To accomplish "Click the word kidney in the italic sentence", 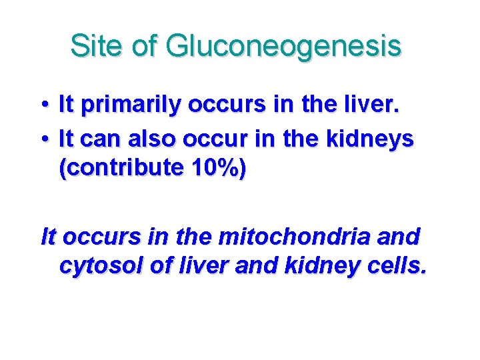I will (313, 266).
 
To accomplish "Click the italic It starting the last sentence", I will (49, 236).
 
